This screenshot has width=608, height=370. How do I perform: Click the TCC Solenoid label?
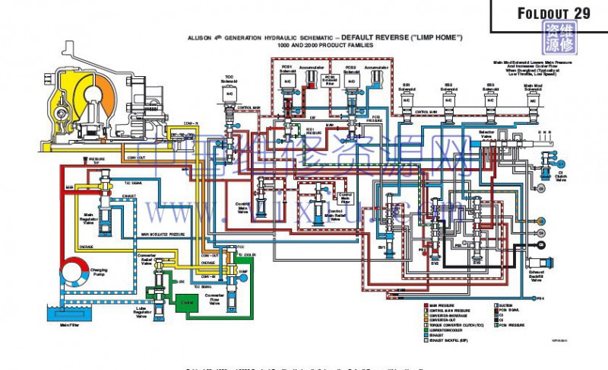point(229,79)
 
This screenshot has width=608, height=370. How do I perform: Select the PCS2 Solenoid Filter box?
point(330,80)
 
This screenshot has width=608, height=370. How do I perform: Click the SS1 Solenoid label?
point(407,86)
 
